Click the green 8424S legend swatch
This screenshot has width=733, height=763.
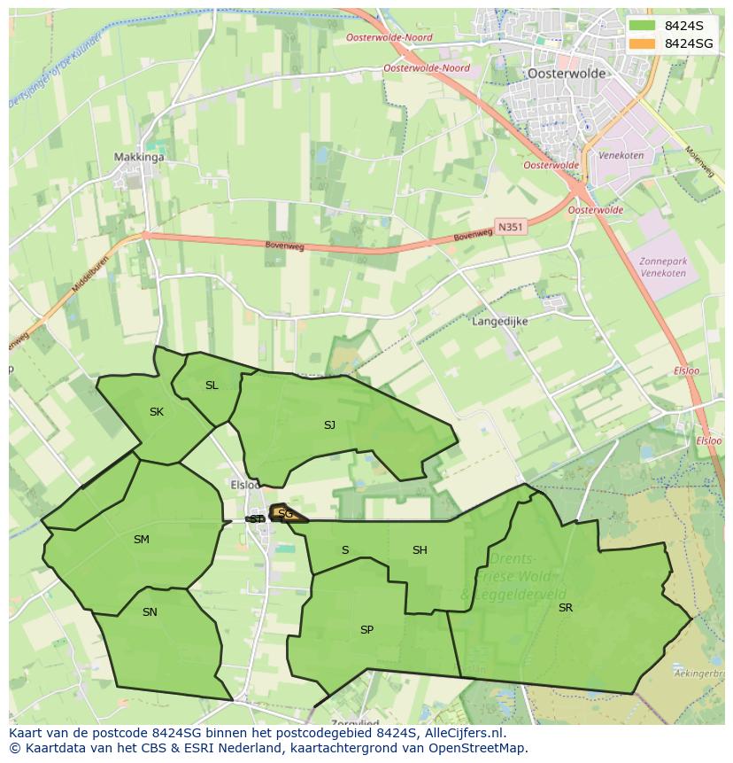tap(643, 26)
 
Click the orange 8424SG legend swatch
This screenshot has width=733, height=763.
tap(643, 43)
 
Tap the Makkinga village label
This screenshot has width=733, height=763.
tap(139, 158)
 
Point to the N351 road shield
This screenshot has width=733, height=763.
tap(511, 227)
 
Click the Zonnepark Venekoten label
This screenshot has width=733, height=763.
tap(664, 267)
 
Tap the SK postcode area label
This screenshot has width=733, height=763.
tap(157, 412)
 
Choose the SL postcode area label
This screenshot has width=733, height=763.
tap(212, 385)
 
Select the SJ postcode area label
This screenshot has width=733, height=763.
tap(329, 425)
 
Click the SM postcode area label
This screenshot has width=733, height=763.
tap(142, 540)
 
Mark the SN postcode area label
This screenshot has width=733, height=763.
tap(150, 612)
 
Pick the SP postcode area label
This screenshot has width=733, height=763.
tap(366, 630)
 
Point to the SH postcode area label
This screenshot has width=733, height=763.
tap(420, 550)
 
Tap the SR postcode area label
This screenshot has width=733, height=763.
tap(566, 608)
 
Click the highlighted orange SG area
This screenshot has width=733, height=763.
tap(287, 514)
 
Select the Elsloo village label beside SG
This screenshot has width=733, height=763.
tap(245, 485)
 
